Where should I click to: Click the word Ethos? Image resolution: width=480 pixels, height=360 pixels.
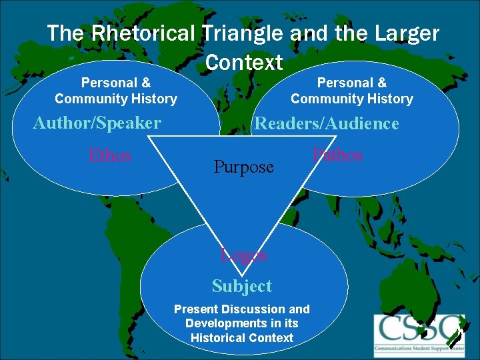[x=110, y=156]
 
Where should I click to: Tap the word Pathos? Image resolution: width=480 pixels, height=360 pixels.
[x=338, y=155]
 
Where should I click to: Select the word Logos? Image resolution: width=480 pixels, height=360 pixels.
[x=244, y=255]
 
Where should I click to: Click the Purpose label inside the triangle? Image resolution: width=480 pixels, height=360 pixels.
[x=243, y=167]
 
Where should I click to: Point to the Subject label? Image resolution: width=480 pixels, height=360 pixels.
[x=242, y=286]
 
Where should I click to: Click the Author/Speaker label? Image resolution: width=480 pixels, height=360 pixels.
[x=97, y=123]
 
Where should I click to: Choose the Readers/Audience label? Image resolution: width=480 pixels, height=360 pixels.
[x=327, y=123]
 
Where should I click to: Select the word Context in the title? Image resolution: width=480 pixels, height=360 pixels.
[x=244, y=63]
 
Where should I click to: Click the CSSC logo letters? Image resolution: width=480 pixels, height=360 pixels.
[x=417, y=329]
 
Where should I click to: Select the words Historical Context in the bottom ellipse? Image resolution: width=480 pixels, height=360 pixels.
[x=242, y=337]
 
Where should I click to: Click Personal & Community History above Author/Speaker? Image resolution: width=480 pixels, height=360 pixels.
[x=116, y=91]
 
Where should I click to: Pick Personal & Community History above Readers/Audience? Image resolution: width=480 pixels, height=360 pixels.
[x=352, y=91]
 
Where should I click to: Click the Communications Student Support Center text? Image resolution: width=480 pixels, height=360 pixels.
[x=417, y=348]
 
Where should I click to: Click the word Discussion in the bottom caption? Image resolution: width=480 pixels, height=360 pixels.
[x=256, y=309]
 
